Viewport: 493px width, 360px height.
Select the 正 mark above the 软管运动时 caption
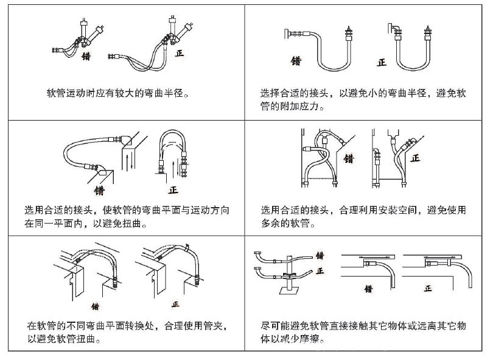click(179, 53)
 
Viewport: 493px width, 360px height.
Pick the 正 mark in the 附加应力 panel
click(382, 62)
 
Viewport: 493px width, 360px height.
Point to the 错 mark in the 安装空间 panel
click(349, 159)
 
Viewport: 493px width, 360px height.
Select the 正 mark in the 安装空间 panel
click(416, 158)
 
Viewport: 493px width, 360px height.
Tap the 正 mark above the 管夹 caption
click(177, 303)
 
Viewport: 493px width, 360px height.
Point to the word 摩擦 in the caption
click(324, 339)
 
